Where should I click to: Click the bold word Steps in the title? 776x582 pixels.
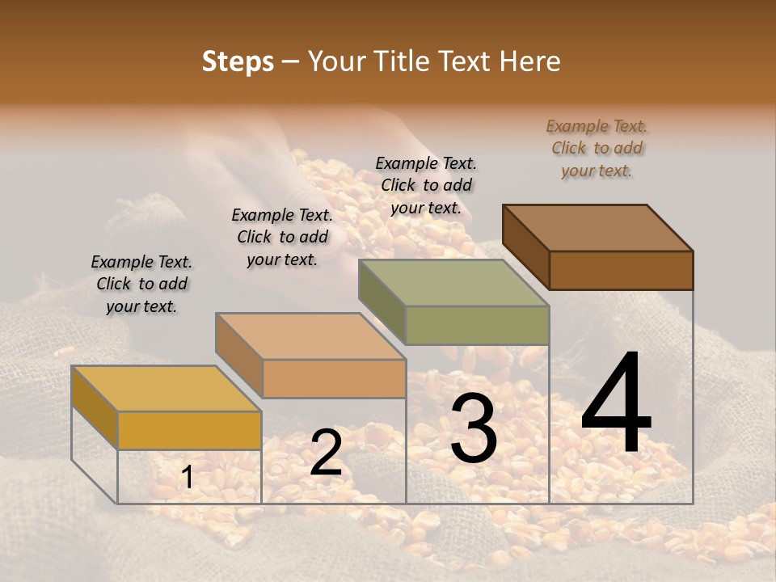238,61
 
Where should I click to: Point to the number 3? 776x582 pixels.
474,428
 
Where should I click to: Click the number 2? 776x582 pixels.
326,453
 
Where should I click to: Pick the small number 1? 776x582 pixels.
187,478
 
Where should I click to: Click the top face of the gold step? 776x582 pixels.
167,389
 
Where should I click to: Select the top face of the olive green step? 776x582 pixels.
453,283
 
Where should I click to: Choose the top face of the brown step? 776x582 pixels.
597,228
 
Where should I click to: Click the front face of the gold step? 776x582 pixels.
189,430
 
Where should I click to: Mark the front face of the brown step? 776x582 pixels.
621,270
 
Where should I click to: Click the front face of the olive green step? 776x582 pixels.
477,325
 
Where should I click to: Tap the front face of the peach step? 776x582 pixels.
333,378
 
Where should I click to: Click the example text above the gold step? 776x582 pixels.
141,284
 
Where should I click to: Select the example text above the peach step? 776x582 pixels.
282,237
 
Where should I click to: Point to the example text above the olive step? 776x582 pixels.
426,185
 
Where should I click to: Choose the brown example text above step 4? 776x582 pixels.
597,148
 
